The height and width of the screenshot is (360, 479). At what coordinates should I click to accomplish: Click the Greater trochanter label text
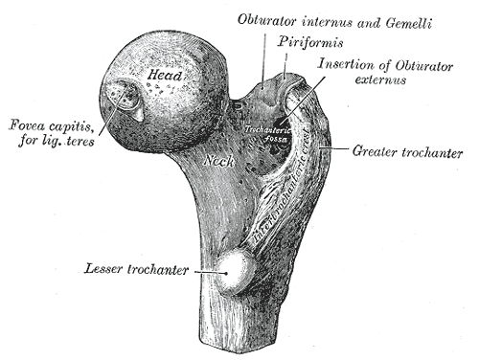pyautogui.click(x=408, y=151)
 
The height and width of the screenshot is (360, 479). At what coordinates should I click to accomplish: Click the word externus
pyautogui.click(x=375, y=81)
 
